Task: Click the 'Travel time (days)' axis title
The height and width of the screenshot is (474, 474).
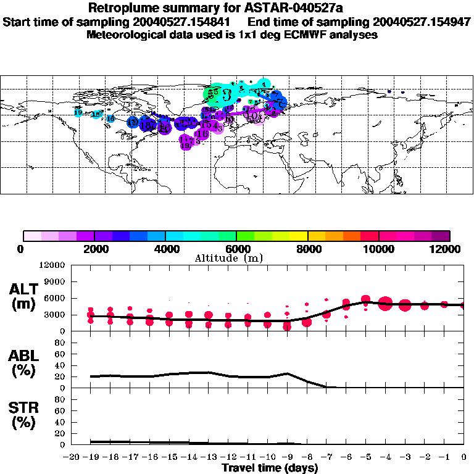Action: point(270,468)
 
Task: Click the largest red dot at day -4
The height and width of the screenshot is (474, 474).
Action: point(386,303)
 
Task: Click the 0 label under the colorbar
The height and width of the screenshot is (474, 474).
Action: point(22,249)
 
